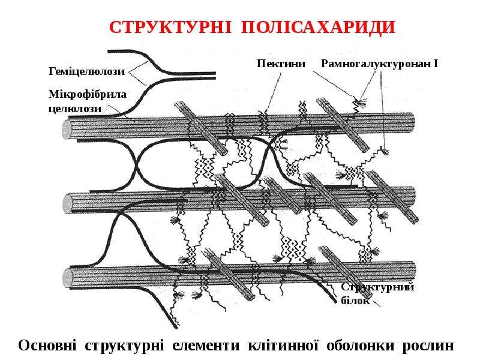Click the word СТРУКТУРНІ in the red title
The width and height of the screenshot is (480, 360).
point(170,27)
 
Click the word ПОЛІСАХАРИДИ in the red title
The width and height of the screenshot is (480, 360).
point(318,27)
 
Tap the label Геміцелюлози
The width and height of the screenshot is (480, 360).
point(86,71)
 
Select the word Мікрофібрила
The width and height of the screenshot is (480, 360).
point(88,94)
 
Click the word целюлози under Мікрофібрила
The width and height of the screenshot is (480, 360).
point(75,109)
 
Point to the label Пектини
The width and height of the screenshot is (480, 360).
point(281,64)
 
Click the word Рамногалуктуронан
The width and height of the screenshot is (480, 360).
point(376,64)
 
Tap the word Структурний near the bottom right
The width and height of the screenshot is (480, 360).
point(377,287)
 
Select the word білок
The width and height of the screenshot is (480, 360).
point(355,301)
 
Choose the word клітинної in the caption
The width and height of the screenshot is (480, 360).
point(283,346)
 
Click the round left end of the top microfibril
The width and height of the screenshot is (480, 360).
point(67,129)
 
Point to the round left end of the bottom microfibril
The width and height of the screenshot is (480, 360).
point(67,278)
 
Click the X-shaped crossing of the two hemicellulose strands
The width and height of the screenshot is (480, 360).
point(136,166)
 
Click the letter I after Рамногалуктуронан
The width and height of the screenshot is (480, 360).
point(436,64)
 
